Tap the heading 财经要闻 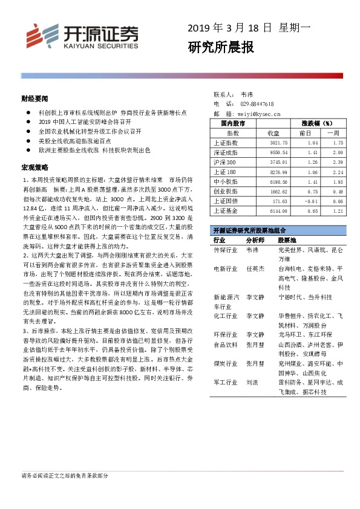[x=34, y=98]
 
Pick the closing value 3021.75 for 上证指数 [x=269, y=143]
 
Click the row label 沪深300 [x=225, y=163]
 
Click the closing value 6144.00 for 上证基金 [x=269, y=210]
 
